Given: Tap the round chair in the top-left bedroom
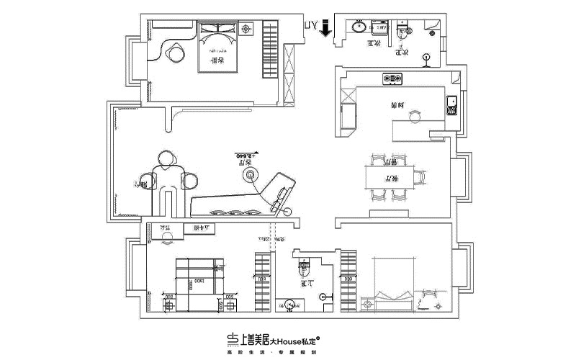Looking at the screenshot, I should pos(175,53).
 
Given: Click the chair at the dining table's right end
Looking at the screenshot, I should pos(420,176).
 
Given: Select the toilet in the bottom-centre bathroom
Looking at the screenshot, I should pos(303,272).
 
